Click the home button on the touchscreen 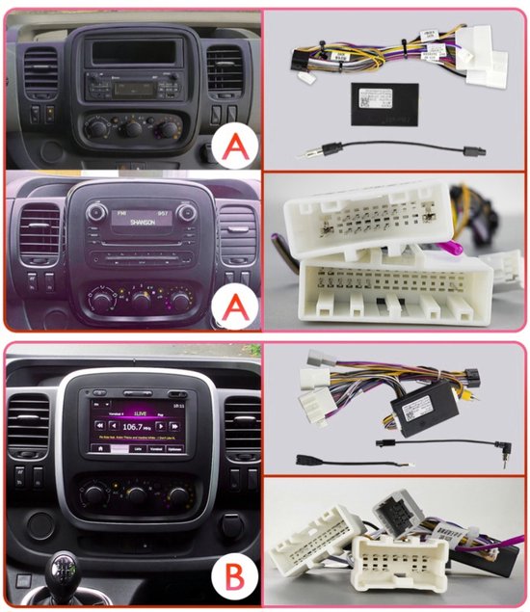[x=99, y=449]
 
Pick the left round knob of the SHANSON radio [x=94, y=212]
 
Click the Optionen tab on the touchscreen [x=173, y=449]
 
